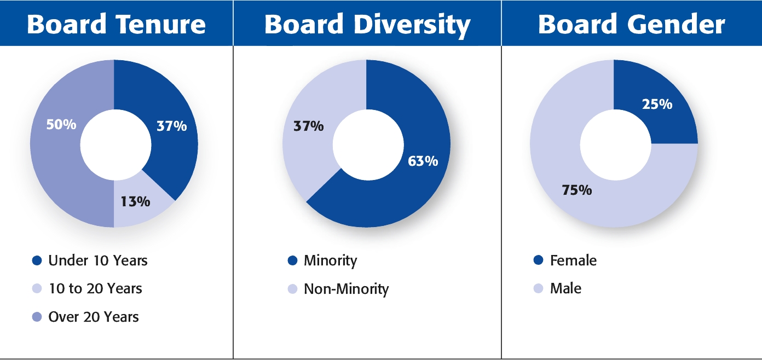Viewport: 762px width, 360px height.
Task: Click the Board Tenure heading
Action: click(x=116, y=25)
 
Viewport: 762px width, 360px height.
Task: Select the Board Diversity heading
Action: click(x=367, y=25)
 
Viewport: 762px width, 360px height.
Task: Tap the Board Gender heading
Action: click(x=632, y=25)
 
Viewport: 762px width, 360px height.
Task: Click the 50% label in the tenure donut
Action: click(x=60, y=124)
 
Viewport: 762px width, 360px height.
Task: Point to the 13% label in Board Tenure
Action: click(x=135, y=201)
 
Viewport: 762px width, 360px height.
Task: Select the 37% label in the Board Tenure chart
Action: click(x=171, y=126)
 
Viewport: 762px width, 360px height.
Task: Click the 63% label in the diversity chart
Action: click(x=423, y=161)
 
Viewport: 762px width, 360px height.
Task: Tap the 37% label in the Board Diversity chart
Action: click(x=308, y=126)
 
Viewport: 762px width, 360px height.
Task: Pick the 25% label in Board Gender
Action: click(x=657, y=104)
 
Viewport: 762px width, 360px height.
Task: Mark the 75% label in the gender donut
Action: click(x=576, y=190)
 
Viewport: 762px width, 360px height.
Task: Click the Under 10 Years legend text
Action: click(x=98, y=260)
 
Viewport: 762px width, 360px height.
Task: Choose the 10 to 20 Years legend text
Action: click(x=95, y=288)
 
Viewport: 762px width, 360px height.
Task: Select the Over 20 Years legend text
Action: click(x=94, y=317)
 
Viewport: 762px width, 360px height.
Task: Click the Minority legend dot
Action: click(x=292, y=260)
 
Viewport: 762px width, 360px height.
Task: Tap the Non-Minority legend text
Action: click(x=346, y=288)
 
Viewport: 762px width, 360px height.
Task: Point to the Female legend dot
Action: click(x=538, y=260)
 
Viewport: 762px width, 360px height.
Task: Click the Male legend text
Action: click(x=565, y=288)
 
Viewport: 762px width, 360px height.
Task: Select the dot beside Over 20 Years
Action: click(x=37, y=317)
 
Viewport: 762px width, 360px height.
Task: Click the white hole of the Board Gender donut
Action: click(x=614, y=144)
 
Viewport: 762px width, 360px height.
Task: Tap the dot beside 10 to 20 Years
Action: click(x=37, y=288)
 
